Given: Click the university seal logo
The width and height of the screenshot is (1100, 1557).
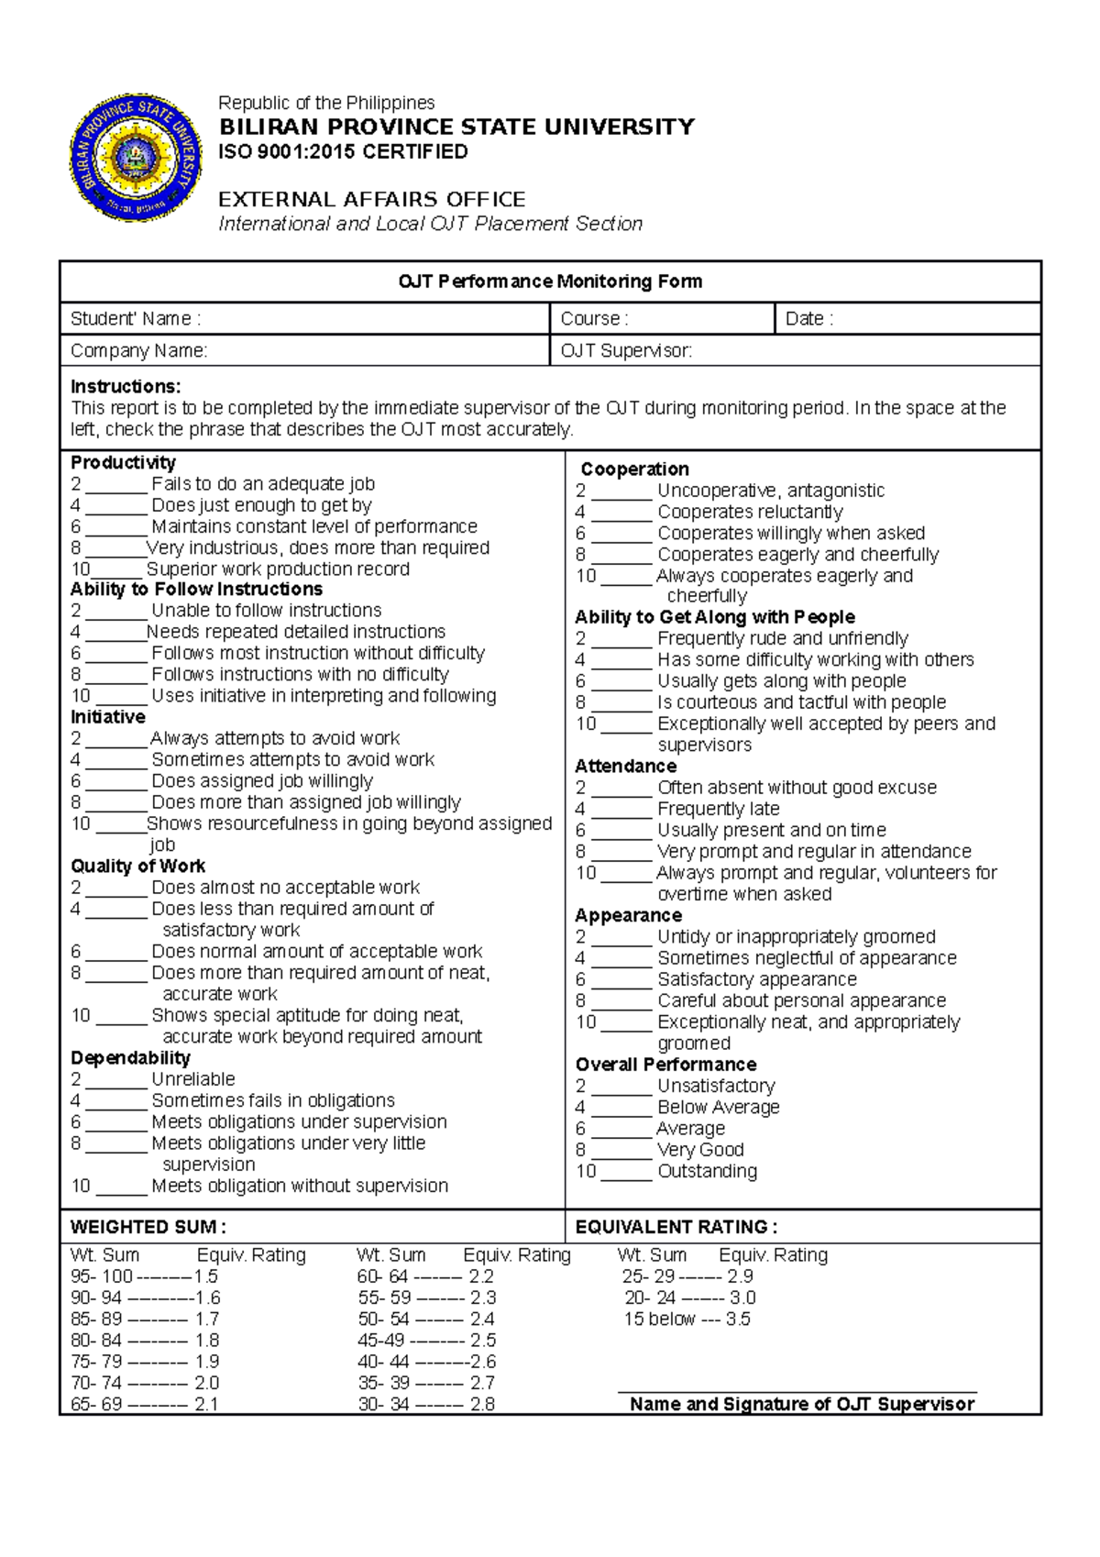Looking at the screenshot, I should pos(136,157).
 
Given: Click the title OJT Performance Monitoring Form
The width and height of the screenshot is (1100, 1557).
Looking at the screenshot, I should pos(550,282).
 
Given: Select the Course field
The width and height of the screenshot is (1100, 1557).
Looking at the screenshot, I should pos(697,319).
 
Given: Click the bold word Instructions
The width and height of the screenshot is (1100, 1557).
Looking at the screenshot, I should pos(126,386).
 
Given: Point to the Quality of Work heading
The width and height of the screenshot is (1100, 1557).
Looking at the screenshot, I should pos(137,867).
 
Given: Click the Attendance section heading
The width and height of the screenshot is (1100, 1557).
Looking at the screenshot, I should pos(625,767).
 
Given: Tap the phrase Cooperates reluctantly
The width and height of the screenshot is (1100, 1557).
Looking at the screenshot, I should pos(750,512).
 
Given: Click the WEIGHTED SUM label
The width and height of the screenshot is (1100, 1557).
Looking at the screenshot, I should pos(148,1227).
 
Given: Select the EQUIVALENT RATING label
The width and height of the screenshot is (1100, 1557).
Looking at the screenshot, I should pos(676,1227).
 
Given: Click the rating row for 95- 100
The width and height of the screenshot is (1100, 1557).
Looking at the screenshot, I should pos(144,1276).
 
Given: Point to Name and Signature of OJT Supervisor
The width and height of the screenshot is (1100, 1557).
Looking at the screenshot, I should pos(801,1404).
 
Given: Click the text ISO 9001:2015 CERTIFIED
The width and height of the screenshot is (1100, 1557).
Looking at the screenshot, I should pos(343,151).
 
